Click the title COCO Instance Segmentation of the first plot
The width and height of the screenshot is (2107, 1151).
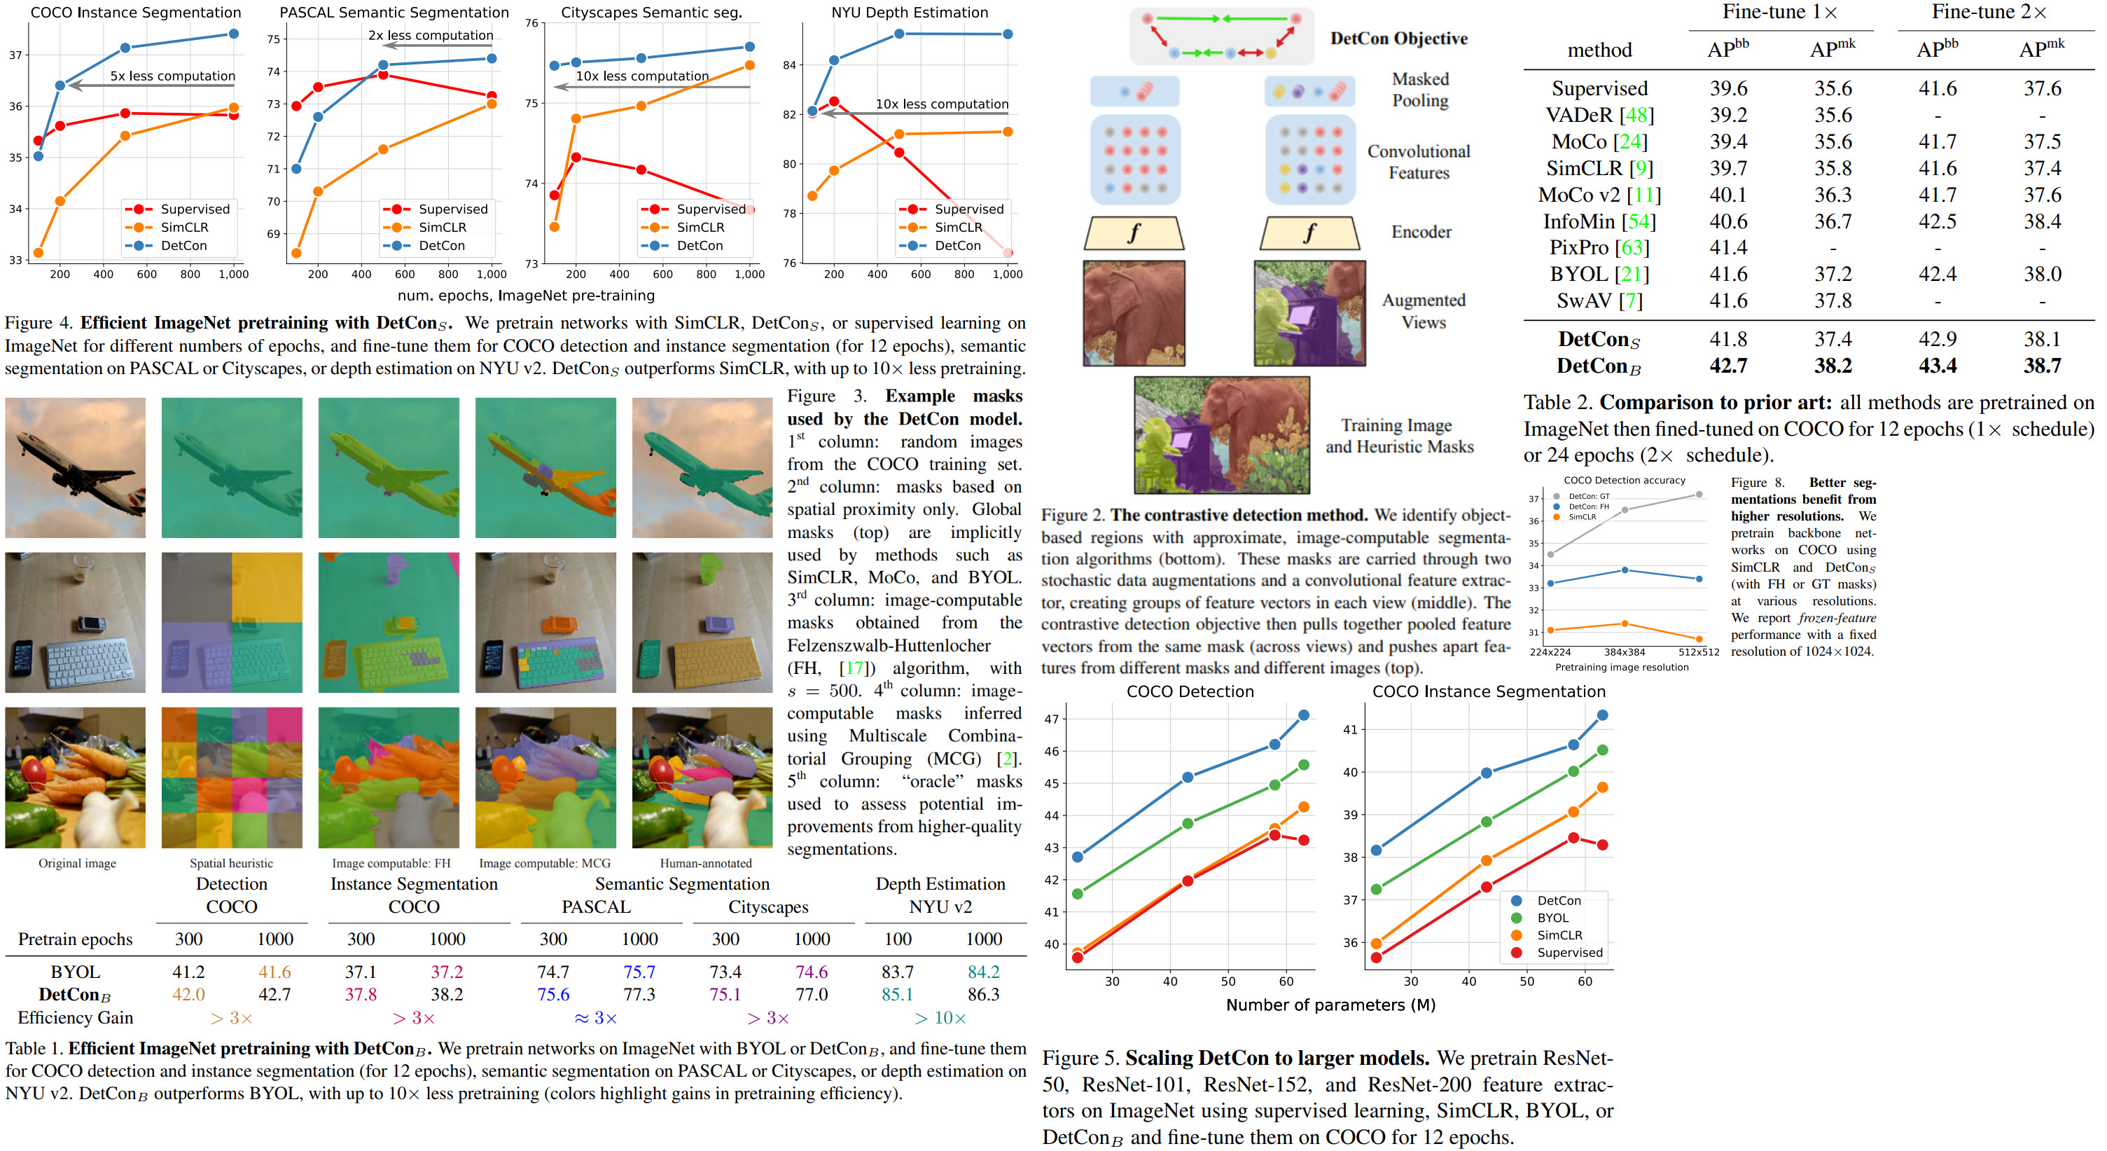pos(136,13)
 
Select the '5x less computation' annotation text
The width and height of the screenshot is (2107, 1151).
pos(172,76)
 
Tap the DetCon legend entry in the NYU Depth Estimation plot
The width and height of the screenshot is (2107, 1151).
pos(957,245)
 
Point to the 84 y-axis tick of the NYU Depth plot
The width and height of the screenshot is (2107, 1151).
pos(789,65)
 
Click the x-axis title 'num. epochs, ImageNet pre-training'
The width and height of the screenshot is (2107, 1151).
pos(526,296)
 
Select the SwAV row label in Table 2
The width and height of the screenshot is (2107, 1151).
pos(1599,301)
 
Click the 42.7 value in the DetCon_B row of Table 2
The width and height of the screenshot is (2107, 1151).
pos(1727,366)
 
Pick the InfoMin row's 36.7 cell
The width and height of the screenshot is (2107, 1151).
pos(1833,221)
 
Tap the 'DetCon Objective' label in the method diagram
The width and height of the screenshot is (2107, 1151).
pos(1398,39)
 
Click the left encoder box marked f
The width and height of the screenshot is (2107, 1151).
pos(1134,233)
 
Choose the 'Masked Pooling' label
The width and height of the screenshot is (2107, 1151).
pos(1420,90)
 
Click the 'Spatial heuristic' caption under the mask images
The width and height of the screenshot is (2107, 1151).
pos(232,863)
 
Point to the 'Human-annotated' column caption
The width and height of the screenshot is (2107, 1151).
pos(705,863)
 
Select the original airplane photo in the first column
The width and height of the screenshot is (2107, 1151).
pos(75,467)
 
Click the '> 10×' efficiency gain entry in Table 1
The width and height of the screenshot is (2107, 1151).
pos(940,1018)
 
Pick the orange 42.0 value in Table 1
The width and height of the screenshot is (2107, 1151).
pos(188,995)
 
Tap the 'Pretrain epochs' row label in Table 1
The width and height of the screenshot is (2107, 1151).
pos(75,939)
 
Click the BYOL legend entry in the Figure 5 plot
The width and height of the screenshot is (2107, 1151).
pos(1552,918)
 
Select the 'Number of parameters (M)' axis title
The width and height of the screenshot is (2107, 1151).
pos(1330,1005)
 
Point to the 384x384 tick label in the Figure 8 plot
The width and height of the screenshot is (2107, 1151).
pos(1625,652)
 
